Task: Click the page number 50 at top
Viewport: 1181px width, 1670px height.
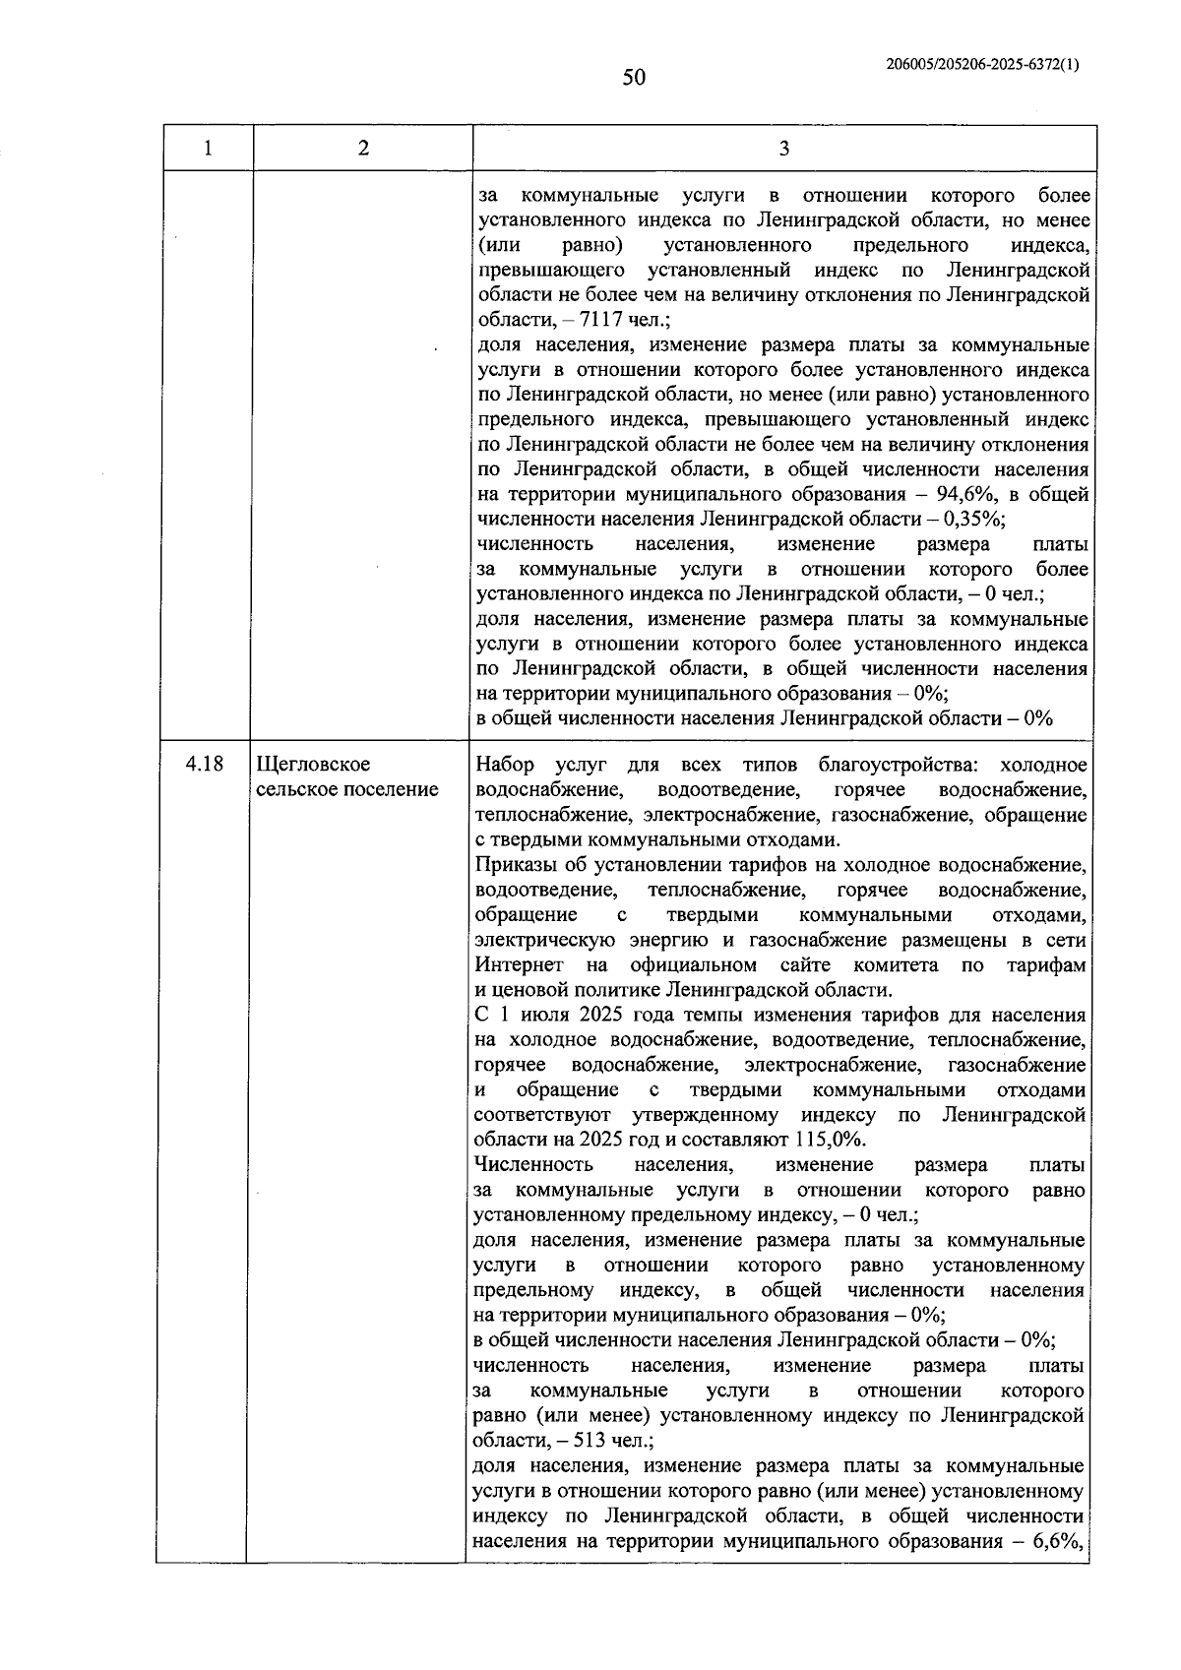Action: pyautogui.click(x=634, y=77)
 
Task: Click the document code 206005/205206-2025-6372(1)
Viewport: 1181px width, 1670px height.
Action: pyautogui.click(x=982, y=65)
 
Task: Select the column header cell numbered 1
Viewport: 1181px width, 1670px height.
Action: pyautogui.click(x=208, y=149)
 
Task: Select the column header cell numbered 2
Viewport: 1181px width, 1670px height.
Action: pyautogui.click(x=363, y=149)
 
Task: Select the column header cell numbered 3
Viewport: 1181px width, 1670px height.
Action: pyautogui.click(x=783, y=149)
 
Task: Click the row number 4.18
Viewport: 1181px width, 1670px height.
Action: pyautogui.click(x=204, y=764)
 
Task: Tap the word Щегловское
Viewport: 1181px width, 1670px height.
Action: pyautogui.click(x=313, y=764)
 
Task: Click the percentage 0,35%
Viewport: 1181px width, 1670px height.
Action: pyautogui.click(x=971, y=519)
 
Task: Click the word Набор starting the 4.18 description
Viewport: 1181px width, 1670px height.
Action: pyautogui.click(x=505, y=765)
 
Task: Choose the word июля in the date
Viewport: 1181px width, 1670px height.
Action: pyautogui.click(x=550, y=1015)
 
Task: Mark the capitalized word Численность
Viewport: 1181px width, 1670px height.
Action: pyautogui.click(x=533, y=1164)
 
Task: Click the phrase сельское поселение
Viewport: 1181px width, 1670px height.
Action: pyautogui.click(x=347, y=789)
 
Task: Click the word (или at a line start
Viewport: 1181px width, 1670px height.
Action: pyautogui.click(x=498, y=245)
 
